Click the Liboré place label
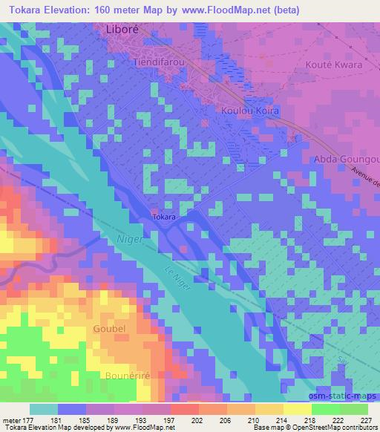(120, 30)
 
